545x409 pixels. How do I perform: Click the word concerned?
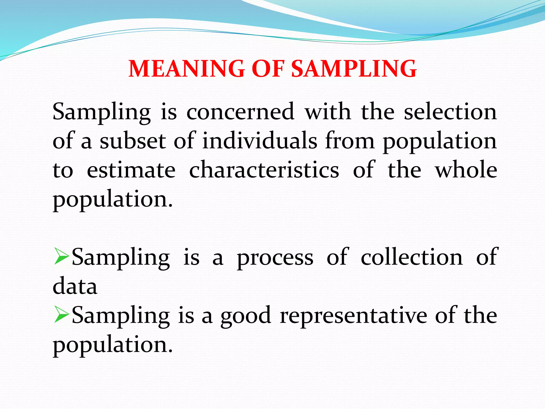pyautogui.click(x=240, y=112)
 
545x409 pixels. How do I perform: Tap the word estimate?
pyautogui.click(x=131, y=170)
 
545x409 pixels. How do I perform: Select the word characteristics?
pyautogui.click(x=264, y=170)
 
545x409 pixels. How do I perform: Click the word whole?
pyautogui.click(x=466, y=170)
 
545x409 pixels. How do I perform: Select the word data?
pyautogui.click(x=75, y=286)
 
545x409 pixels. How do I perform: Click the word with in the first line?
pyautogui.click(x=328, y=112)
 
